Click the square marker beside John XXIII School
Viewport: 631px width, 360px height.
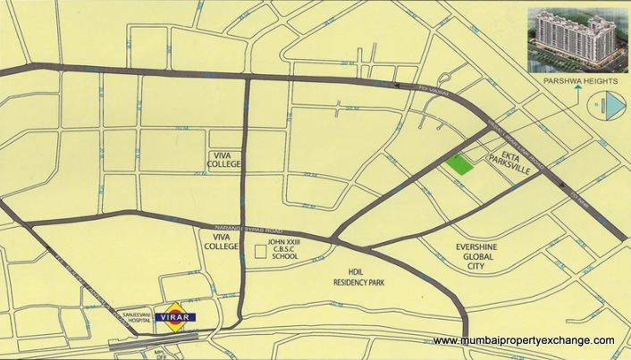coord(261,252)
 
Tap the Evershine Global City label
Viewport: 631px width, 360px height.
coord(458,257)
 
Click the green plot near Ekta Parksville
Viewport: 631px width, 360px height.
coord(459,164)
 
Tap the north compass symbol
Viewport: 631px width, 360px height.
coord(604,108)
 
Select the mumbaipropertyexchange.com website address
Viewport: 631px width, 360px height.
coord(523,341)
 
